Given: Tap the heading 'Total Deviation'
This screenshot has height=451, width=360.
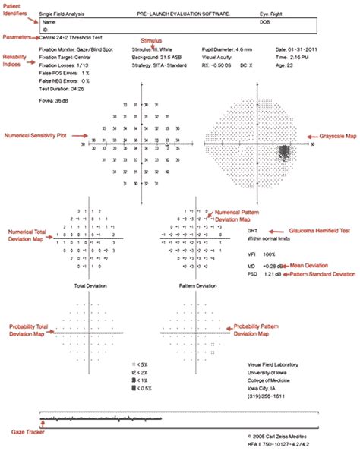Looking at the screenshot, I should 90,287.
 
